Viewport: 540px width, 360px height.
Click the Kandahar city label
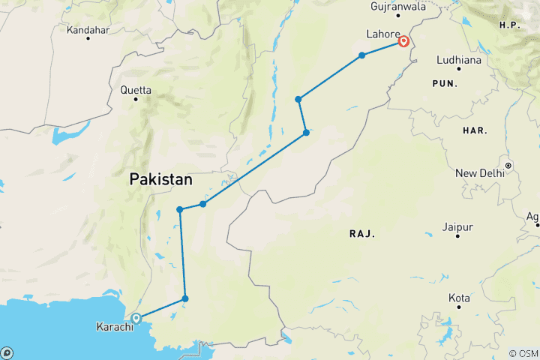point(88,30)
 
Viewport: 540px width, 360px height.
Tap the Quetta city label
point(135,91)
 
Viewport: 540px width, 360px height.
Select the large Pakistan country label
point(160,180)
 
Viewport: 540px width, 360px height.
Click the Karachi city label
point(115,327)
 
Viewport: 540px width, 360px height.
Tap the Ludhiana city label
point(458,58)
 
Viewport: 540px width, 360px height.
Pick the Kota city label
point(459,298)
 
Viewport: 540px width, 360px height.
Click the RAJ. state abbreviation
point(361,234)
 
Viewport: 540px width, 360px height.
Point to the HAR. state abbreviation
point(475,130)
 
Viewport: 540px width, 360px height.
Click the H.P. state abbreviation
point(510,25)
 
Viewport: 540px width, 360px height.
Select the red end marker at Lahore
point(403,42)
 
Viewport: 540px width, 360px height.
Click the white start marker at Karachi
point(136,318)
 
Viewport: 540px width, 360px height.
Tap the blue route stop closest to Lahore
point(362,55)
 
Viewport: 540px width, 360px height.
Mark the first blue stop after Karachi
point(185,299)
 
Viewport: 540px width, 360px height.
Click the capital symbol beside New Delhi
point(508,165)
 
